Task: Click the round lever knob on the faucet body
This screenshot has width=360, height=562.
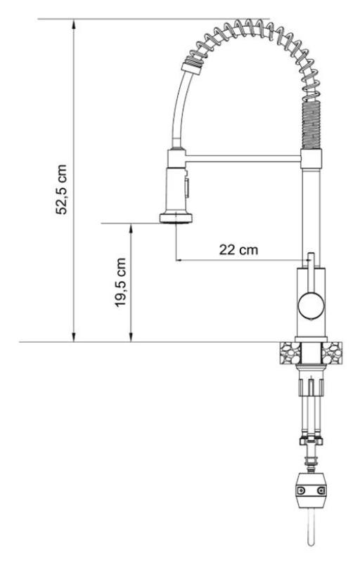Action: click(x=309, y=305)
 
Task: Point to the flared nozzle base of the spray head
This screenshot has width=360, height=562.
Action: click(x=176, y=218)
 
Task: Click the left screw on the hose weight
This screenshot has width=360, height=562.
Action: click(x=300, y=490)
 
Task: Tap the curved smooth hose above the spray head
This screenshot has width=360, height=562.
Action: click(x=176, y=112)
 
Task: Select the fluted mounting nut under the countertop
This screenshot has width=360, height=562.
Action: click(x=310, y=386)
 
